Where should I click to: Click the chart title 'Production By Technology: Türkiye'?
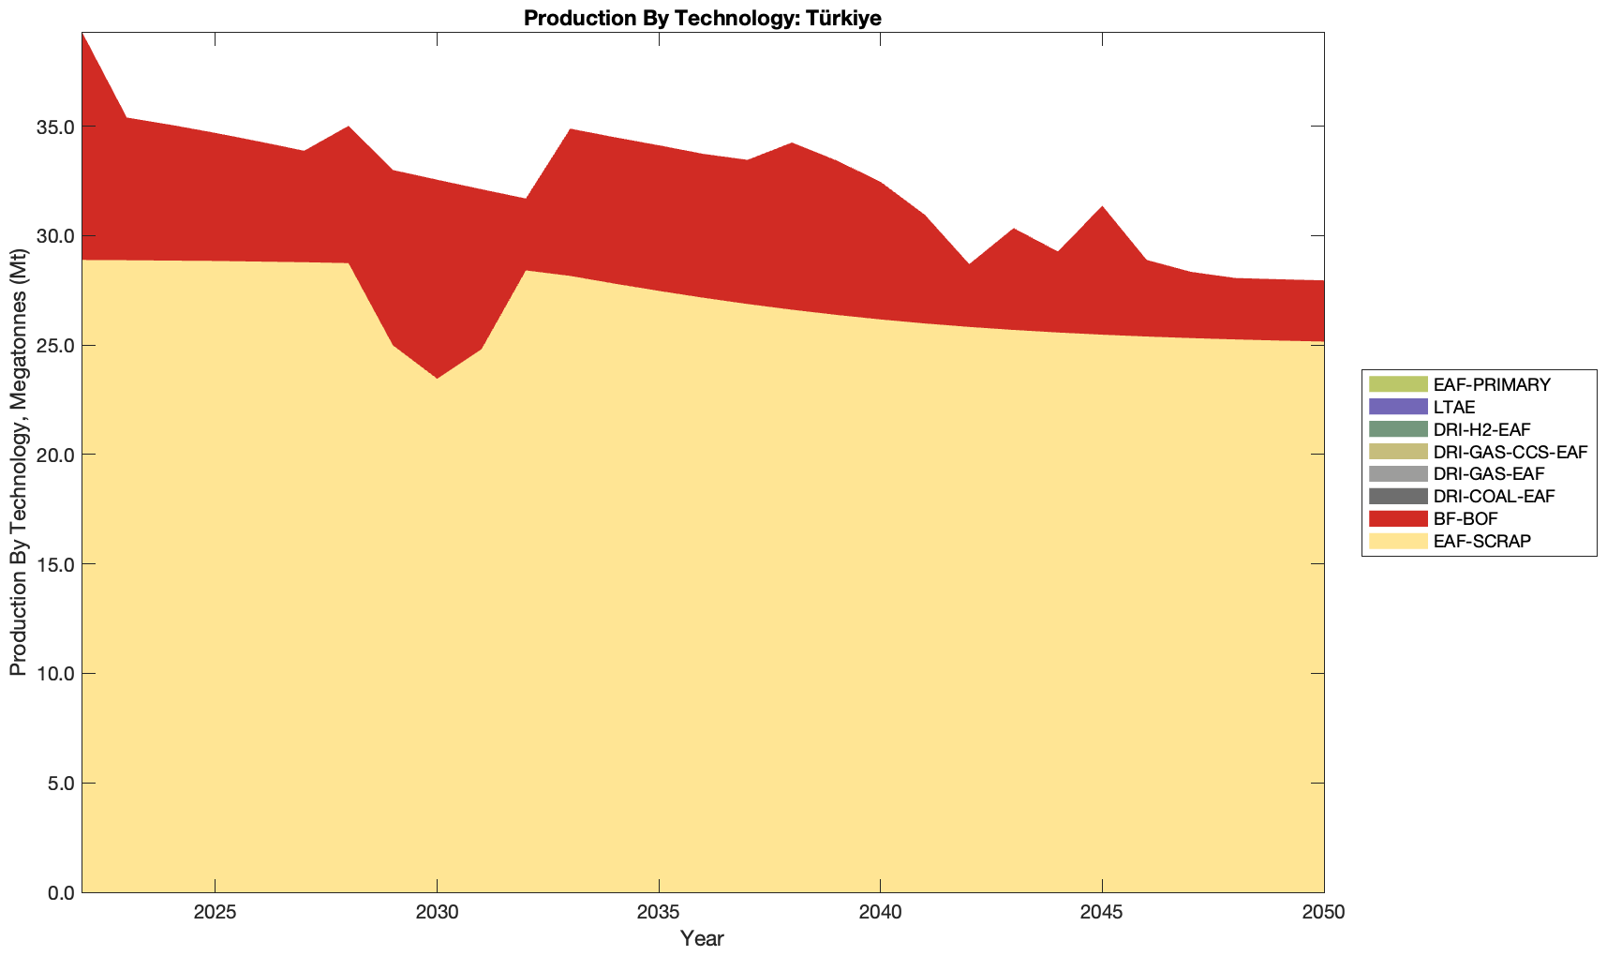pos(703,18)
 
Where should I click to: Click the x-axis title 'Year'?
pos(702,938)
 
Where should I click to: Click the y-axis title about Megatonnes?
pos(18,463)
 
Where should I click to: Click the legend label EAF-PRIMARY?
pos(1492,384)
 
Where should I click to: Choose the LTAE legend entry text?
pos(1454,407)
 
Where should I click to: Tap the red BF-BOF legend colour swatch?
pos(1397,518)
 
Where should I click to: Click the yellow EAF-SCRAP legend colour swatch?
pos(1397,541)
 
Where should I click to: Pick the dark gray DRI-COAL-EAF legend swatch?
pos(1397,496)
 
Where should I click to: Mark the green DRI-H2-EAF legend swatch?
pos(1397,429)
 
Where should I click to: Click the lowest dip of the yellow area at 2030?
pos(437,379)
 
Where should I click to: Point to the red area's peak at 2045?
pos(1102,207)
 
